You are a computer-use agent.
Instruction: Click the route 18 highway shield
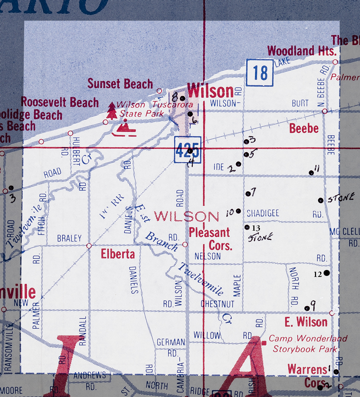260,73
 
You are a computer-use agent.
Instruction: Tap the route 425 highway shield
187,150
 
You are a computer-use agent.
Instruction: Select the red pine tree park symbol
112,111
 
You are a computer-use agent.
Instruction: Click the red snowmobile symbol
124,129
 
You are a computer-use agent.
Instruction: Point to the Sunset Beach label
120,84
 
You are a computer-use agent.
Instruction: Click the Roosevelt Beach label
60,102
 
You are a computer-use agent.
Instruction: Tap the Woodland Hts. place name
302,51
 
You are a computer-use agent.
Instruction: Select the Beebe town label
304,128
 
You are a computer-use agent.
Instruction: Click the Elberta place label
118,254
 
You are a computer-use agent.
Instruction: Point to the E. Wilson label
306,322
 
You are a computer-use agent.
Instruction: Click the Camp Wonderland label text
308,338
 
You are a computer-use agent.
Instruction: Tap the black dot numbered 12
327,273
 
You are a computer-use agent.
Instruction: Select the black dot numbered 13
247,227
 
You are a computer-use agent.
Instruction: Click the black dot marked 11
311,173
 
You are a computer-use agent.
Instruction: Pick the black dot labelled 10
238,211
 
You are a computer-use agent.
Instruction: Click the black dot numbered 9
307,308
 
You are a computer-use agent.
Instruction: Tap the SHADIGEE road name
263,213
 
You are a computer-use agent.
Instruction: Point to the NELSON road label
207,256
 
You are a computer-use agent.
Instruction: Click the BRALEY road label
69,238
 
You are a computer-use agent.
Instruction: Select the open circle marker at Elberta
89,246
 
